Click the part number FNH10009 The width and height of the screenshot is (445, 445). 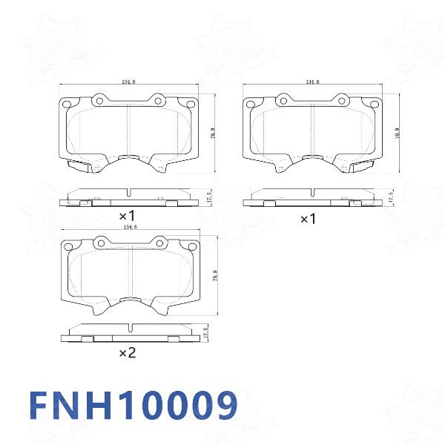pyautogui.click(x=133, y=406)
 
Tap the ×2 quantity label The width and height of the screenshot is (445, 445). pyautogui.click(x=127, y=354)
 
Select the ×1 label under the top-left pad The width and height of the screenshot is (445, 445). pyautogui.click(x=127, y=216)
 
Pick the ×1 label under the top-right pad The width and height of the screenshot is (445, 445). pyautogui.click(x=308, y=219)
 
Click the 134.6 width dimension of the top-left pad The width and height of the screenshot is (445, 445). pyautogui.click(x=128, y=83)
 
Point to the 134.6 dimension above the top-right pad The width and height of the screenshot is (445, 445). pyautogui.click(x=312, y=82)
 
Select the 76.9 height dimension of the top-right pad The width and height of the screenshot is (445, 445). pyautogui.click(x=398, y=134)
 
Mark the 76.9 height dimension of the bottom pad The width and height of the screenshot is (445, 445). pyautogui.click(x=215, y=276)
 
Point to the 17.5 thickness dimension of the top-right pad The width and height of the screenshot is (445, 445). pyautogui.click(x=391, y=197)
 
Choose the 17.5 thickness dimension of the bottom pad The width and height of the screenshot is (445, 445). pyautogui.click(x=205, y=333)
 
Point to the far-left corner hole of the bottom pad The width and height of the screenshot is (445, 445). pyautogui.click(x=69, y=247)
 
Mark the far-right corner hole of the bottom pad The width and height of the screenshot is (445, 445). pyautogui.click(x=192, y=247)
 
